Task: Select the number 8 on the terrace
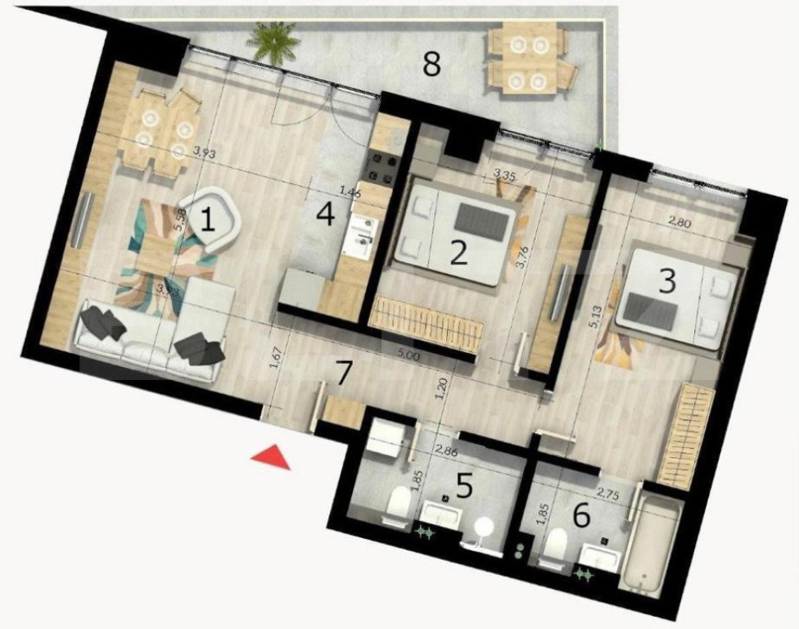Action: pyautogui.click(x=431, y=63)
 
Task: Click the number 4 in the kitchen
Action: pyautogui.click(x=326, y=215)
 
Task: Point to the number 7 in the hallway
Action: pyautogui.click(x=345, y=373)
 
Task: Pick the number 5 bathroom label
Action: pyautogui.click(x=464, y=486)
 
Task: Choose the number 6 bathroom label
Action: pyautogui.click(x=581, y=515)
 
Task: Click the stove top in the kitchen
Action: pyautogui.click(x=382, y=165)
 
